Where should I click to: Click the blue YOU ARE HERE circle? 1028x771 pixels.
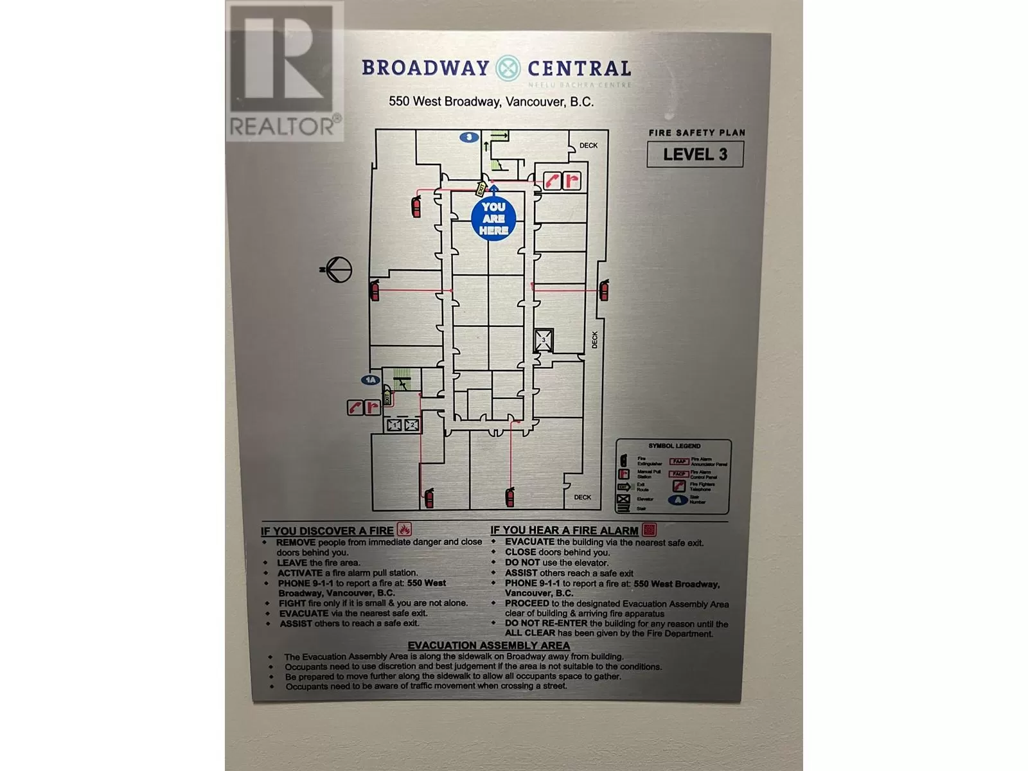493,218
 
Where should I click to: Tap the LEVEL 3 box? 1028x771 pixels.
695,154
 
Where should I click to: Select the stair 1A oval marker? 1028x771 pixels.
370,380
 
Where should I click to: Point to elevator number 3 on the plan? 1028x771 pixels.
544,340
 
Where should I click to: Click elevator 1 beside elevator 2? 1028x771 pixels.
394,425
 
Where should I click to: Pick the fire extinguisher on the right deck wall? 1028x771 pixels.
603,290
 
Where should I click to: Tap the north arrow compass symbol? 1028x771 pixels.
337,270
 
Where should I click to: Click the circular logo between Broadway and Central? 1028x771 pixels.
508,68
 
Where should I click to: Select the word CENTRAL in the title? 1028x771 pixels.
579,68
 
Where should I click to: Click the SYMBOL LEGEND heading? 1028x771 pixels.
674,446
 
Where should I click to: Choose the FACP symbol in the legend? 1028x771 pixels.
679,474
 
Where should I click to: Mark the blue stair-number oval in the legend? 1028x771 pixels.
678,500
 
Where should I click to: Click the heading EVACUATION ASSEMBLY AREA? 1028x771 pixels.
488,646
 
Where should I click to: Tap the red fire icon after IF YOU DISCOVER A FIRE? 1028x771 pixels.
404,529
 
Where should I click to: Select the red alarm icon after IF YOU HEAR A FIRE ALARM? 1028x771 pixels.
650,529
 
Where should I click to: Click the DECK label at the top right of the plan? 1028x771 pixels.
589,146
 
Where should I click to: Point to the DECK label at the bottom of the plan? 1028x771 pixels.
583,497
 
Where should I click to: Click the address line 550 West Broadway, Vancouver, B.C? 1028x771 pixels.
491,102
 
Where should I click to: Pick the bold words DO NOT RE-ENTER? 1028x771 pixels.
546,623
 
